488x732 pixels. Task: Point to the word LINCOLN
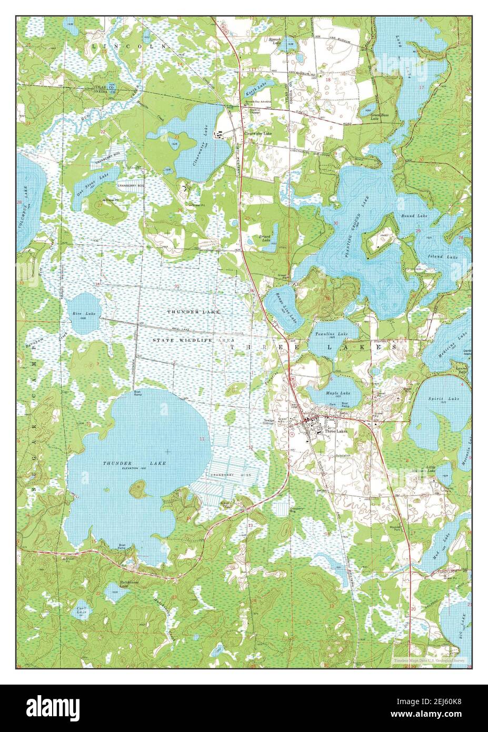click(x=128, y=46)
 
